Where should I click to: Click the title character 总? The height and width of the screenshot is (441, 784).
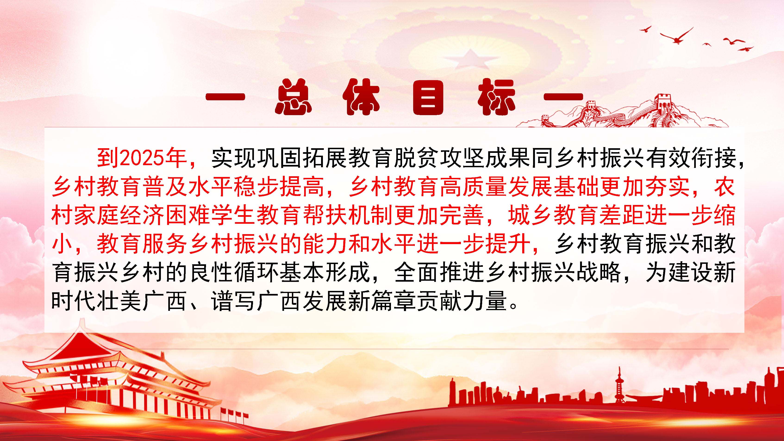click(x=293, y=97)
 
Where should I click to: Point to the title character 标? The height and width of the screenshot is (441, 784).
click(x=496, y=97)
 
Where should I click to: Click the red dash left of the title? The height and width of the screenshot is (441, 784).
click(x=225, y=97)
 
